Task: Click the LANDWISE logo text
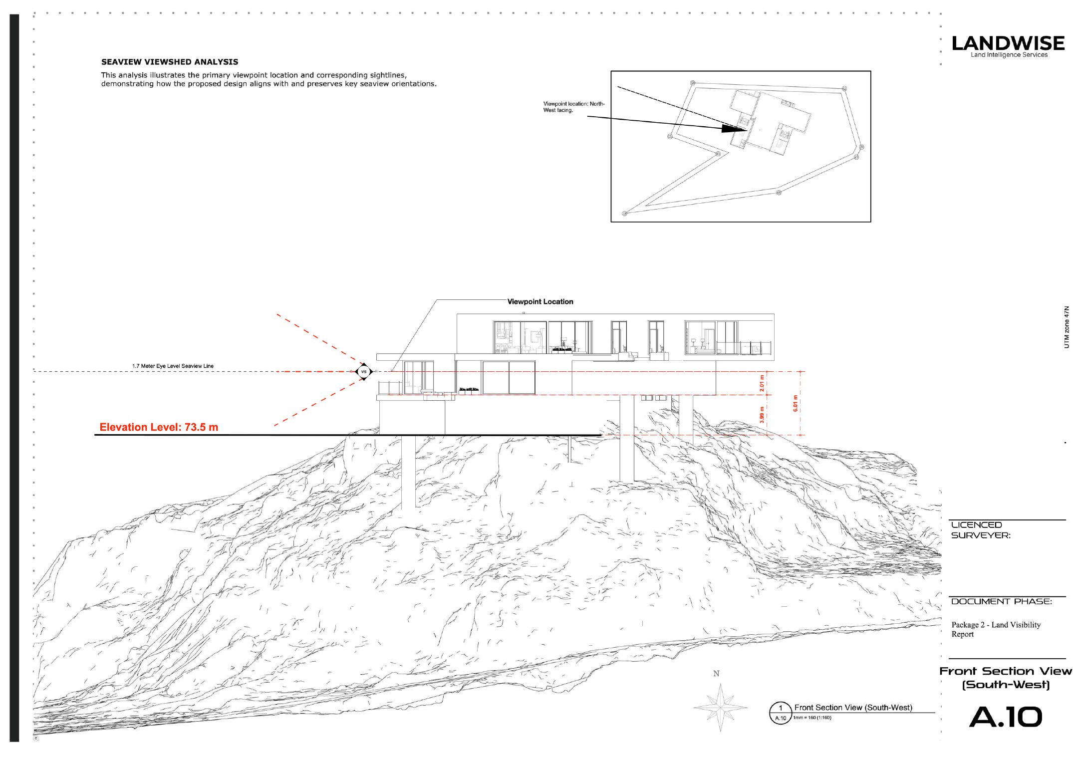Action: [x=1008, y=43]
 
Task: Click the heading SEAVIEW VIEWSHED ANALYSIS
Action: [x=170, y=62]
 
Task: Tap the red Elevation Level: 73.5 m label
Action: [x=159, y=427]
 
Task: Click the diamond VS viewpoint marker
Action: [x=364, y=372]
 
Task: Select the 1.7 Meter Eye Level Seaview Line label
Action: [x=173, y=366]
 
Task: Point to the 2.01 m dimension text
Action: [x=762, y=383]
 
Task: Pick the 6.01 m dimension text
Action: [x=796, y=403]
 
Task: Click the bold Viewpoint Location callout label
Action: [x=540, y=301]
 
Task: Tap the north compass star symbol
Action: [x=720, y=707]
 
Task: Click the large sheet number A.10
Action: [x=1006, y=717]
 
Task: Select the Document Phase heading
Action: [x=1001, y=601]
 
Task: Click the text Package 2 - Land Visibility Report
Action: [x=996, y=629]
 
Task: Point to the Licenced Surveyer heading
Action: [x=981, y=530]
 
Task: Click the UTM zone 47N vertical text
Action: [x=1067, y=327]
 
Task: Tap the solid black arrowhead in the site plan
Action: [x=734, y=128]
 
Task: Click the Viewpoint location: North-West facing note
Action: [x=574, y=107]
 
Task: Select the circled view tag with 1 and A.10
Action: [x=781, y=713]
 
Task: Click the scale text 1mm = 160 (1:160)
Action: [x=812, y=718]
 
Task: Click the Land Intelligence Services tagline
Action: [x=1009, y=55]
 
